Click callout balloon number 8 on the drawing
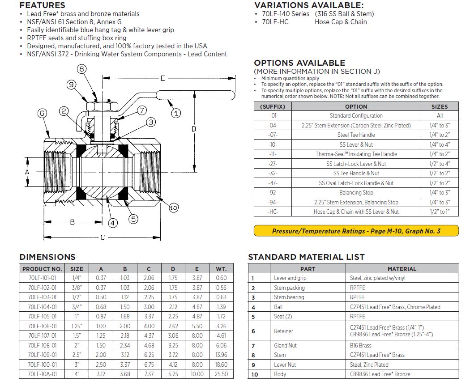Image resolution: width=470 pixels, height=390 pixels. [x=81, y=69]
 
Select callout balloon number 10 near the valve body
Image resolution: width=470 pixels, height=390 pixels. [x=174, y=208]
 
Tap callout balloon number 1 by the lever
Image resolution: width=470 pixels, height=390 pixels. [x=176, y=113]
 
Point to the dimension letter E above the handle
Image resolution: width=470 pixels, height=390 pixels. [x=162, y=78]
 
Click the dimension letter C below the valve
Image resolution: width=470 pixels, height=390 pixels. [x=103, y=237]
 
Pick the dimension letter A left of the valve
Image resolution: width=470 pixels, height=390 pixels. [x=27, y=172]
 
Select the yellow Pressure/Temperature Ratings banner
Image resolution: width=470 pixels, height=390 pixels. [x=356, y=231]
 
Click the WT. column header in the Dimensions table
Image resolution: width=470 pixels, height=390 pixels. [x=221, y=269]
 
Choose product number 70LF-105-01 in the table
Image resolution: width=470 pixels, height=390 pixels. [x=42, y=316]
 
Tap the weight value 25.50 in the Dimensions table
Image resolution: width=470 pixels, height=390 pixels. [x=221, y=374]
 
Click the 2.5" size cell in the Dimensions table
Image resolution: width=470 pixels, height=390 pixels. [x=77, y=355]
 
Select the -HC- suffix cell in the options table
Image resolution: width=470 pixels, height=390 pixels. [x=273, y=212]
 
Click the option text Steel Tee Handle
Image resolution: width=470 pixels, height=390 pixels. [x=356, y=135]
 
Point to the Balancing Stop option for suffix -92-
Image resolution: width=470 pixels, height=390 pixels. [x=356, y=192]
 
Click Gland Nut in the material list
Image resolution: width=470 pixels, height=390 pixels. [x=285, y=345]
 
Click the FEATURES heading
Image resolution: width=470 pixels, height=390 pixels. [x=43, y=5]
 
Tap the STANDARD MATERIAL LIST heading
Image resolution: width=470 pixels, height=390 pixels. [x=306, y=257]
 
